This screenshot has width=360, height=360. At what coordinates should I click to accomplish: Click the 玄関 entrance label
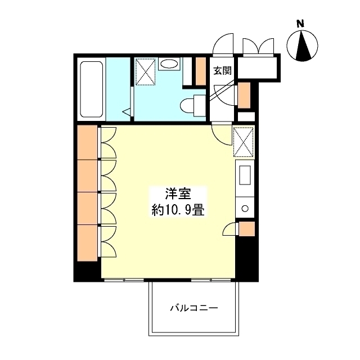tap(222, 71)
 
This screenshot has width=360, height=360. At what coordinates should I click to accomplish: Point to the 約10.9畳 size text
tap(178, 211)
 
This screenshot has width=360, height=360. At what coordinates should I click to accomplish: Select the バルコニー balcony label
tap(194, 308)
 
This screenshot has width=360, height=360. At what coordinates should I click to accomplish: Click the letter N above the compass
tap(301, 24)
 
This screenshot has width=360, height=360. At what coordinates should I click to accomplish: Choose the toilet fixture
tap(193, 105)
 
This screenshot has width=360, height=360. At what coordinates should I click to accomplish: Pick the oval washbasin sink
tap(168, 65)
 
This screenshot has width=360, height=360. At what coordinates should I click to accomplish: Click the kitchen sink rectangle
tap(245, 175)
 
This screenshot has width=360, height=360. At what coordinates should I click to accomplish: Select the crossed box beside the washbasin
tap(145, 71)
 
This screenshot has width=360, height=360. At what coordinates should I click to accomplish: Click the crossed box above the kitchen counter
tap(244, 142)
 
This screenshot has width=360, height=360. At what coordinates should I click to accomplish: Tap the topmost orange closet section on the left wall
tap(87, 143)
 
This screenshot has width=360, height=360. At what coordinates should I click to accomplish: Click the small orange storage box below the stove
tap(246, 229)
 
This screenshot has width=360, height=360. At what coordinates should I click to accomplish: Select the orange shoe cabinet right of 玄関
tap(244, 94)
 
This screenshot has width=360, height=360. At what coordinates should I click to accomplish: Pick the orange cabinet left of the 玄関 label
tap(200, 70)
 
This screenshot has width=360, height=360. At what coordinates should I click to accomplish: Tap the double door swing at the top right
tap(258, 46)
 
